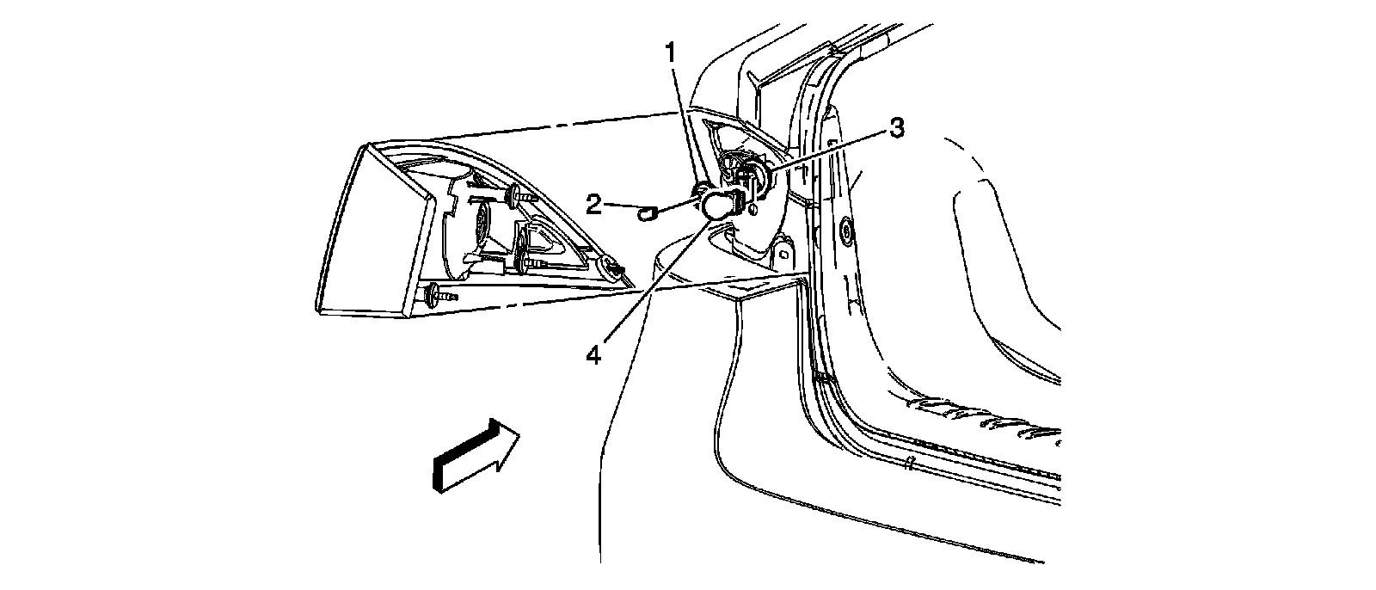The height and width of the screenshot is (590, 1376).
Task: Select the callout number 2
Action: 593,204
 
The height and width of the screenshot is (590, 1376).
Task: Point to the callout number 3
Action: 896,129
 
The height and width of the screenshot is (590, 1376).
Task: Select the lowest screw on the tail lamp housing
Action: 440,295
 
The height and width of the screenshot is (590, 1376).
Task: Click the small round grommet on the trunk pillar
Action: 846,230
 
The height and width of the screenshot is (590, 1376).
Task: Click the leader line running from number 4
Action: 654,284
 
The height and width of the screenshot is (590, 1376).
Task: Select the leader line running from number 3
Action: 826,151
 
